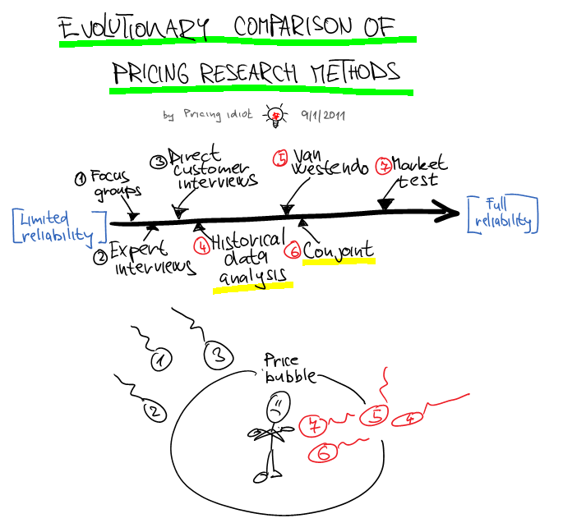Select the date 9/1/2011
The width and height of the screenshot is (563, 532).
tap(321, 116)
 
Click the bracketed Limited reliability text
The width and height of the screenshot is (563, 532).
tap(59, 227)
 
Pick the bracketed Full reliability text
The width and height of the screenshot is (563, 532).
tap(506, 213)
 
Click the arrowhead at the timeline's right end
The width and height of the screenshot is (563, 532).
tap(451, 213)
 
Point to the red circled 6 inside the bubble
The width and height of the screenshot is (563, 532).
tap(323, 452)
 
